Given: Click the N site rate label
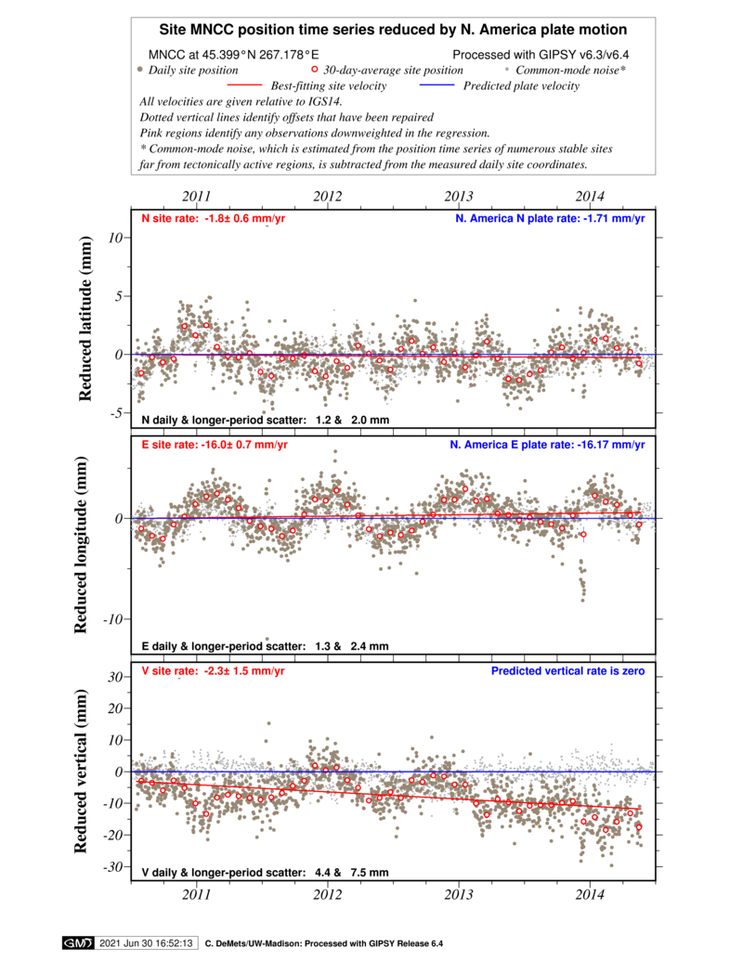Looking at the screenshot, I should click(x=214, y=219).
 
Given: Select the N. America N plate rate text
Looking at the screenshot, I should click(x=549, y=219).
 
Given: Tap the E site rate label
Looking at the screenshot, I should click(x=214, y=445).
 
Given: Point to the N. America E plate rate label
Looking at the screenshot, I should click(x=547, y=445).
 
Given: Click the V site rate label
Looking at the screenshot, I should click(x=214, y=671).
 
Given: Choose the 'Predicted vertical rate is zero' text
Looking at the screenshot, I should click(x=567, y=671).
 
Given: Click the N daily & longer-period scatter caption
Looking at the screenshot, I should click(x=265, y=421).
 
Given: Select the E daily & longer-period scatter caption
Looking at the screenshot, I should click(x=265, y=646).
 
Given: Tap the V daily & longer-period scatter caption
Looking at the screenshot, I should click(x=265, y=873).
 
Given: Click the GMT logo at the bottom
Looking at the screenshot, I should click(x=77, y=943).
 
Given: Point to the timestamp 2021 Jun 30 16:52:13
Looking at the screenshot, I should click(x=146, y=943).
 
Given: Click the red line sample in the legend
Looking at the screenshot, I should click(x=244, y=84).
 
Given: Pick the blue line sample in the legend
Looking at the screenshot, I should click(x=437, y=84).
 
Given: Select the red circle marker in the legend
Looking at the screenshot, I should click(x=314, y=69).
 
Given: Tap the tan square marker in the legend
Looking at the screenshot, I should click(x=139, y=69).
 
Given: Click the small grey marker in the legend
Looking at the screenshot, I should click(x=506, y=69).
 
